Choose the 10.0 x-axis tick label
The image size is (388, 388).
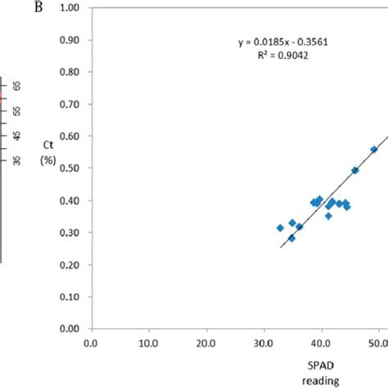[x=148, y=345]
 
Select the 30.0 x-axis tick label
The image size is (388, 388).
[x=264, y=345]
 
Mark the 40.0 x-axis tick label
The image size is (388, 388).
[x=321, y=345]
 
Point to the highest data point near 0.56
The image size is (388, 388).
[x=374, y=150]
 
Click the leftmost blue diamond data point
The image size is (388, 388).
[x=280, y=228]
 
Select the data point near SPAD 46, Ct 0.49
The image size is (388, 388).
[x=355, y=170]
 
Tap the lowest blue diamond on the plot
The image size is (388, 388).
[x=291, y=238]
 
